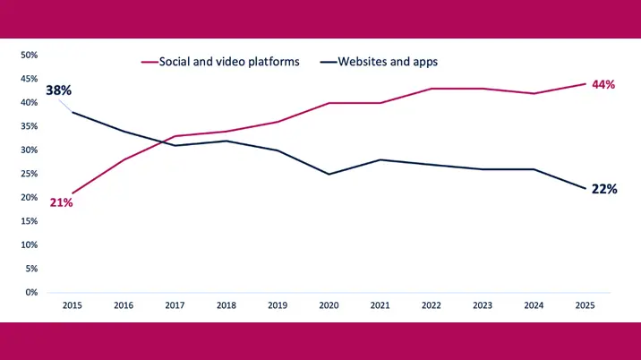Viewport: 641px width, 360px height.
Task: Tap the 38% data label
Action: [59, 90]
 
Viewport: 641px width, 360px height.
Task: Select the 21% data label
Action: [61, 202]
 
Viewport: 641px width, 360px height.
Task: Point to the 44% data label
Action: [603, 84]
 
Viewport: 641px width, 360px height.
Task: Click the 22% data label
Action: [604, 189]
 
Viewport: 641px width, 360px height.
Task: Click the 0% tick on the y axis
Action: [30, 292]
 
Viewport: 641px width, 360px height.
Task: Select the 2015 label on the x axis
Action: [73, 305]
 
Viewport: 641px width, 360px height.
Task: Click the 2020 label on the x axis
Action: [329, 305]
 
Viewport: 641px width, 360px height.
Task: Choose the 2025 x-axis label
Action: [585, 305]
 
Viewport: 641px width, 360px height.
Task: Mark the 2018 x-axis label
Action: [226, 305]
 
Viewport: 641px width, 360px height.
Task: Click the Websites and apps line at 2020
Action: [329, 174]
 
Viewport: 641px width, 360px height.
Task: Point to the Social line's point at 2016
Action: [124, 159]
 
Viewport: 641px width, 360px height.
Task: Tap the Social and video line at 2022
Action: [432, 89]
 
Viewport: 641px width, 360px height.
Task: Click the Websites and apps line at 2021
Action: [380, 159]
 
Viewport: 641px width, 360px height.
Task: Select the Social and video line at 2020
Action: [329, 103]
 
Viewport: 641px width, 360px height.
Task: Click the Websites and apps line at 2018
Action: [226, 141]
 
